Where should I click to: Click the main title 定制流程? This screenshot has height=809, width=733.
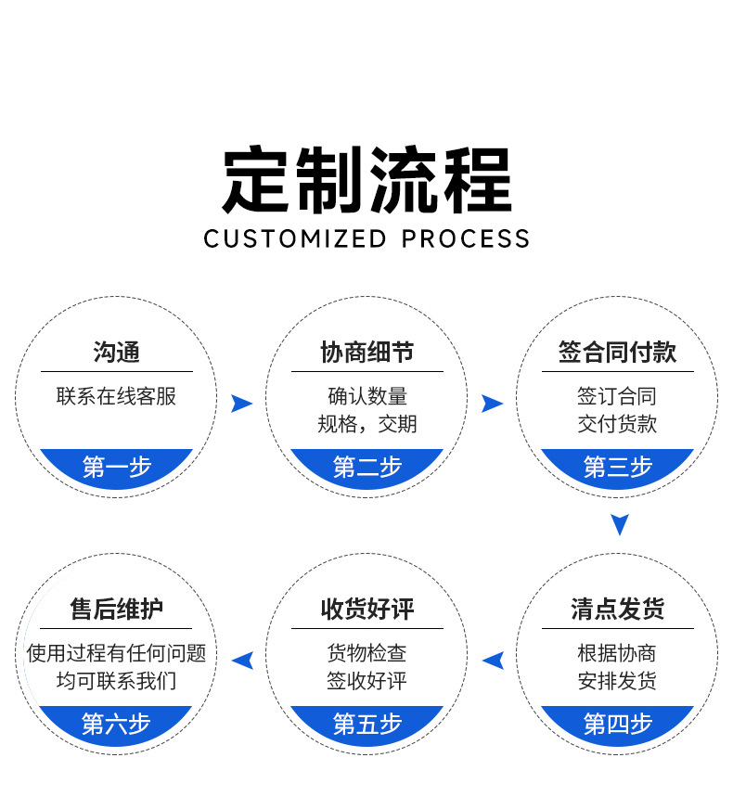(x=366, y=181)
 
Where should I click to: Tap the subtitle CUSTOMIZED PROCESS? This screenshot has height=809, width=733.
(x=366, y=238)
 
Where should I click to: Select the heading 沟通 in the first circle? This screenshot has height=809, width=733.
(x=116, y=353)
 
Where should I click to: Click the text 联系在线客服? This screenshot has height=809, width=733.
(x=116, y=397)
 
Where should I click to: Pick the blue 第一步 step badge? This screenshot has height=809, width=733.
(x=116, y=467)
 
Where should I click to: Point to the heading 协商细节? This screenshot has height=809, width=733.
(x=366, y=353)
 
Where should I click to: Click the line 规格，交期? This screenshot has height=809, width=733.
(x=366, y=425)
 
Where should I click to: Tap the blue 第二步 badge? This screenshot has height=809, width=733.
(x=366, y=467)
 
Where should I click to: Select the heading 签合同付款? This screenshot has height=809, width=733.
(x=617, y=353)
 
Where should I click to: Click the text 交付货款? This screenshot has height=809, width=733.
(x=617, y=425)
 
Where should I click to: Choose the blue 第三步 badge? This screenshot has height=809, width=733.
(x=617, y=467)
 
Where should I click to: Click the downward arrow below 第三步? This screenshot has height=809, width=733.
(x=620, y=524)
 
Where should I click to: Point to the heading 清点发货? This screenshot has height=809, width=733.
(x=617, y=610)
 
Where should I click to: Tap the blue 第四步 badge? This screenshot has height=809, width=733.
(x=617, y=724)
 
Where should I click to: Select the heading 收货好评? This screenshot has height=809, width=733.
(x=366, y=610)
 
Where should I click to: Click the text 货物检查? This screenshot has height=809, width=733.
(x=366, y=654)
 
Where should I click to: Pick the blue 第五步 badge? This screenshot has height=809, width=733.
(x=366, y=724)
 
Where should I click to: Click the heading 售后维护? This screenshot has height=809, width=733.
(x=116, y=610)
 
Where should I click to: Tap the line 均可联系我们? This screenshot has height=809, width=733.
(x=116, y=682)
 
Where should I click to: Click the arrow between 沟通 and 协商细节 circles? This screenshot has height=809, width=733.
(x=241, y=403)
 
